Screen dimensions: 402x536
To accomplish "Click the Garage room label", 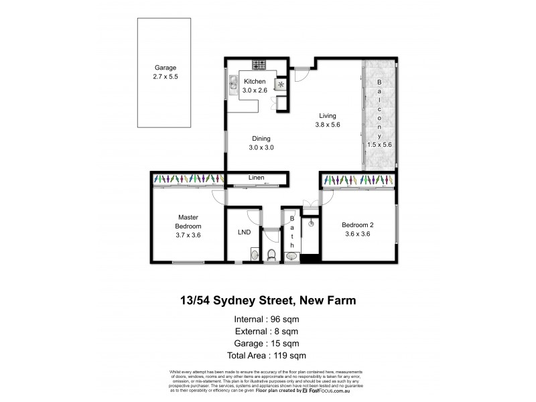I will point(165,68).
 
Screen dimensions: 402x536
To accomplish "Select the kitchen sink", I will point(232,83).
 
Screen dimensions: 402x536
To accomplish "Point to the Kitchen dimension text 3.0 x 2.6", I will point(255,90).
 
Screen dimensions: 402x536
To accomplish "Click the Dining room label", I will point(261,138).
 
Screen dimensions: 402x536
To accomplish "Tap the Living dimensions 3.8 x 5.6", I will point(328,125).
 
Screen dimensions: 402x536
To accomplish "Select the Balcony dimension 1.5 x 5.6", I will point(379,144).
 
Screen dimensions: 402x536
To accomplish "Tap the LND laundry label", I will point(244,233).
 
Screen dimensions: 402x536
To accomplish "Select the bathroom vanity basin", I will point(291,255).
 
